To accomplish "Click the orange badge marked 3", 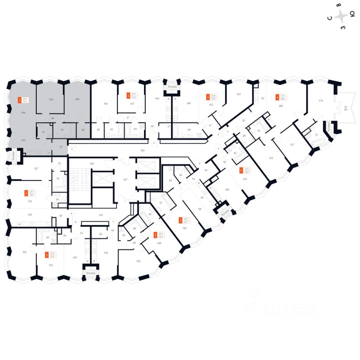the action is click(19, 100).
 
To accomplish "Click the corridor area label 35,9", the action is click(142, 150).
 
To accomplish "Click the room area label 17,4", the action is click(320, 100).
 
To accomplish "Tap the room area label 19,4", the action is click(24, 112).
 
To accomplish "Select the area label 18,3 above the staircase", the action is click(91, 164).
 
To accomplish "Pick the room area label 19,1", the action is click(24, 252).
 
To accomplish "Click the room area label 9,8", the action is click(200, 209).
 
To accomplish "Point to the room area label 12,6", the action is click(227, 190).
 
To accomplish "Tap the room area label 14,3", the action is click(238, 94).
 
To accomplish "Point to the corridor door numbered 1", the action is click(72, 149).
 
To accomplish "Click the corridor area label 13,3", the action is click(101, 215).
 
